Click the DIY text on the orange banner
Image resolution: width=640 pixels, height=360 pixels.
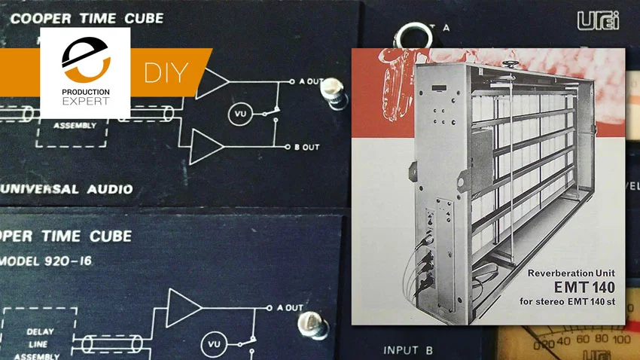pos(174,74)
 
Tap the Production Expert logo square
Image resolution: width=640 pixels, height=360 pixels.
pos(85,73)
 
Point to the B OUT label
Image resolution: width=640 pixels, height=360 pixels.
pos(308,147)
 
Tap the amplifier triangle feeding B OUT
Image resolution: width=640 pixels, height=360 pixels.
pos(204,145)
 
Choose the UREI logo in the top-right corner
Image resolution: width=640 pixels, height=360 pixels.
pos(599,20)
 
